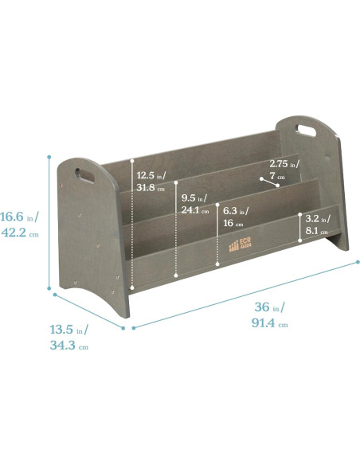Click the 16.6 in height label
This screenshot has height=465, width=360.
[x=19, y=217]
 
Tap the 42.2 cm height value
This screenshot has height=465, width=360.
[x=20, y=232]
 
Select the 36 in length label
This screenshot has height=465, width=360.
[x=269, y=307]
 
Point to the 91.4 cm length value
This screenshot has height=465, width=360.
[x=269, y=322]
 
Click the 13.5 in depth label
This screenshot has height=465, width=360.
[x=68, y=330]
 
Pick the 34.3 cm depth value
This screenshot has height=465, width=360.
[x=68, y=346]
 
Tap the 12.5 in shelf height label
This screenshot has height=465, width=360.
[x=151, y=175]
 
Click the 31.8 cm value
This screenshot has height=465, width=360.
[x=151, y=187]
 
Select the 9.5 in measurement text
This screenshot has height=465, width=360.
[x=194, y=198]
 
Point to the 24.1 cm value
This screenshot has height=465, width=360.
[x=195, y=210]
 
